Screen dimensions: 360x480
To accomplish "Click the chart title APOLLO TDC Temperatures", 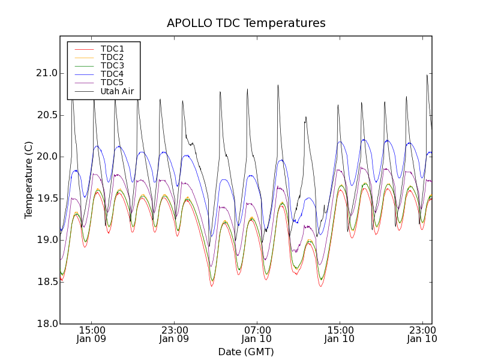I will click(x=246, y=23).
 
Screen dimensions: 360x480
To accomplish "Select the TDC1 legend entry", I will click(x=112, y=49).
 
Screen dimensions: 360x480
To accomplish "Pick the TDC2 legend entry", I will click(x=112, y=57).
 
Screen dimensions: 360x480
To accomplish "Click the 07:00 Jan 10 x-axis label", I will click(x=257, y=334).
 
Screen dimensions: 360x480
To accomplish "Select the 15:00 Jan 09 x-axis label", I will click(x=92, y=334).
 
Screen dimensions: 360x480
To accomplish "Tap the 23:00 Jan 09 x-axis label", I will click(x=175, y=334).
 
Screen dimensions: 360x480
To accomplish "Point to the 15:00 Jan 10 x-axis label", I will click(x=340, y=334).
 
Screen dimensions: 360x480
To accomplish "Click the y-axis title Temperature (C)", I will click(x=29, y=180).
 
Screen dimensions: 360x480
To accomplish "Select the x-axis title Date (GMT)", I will click(x=246, y=352).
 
